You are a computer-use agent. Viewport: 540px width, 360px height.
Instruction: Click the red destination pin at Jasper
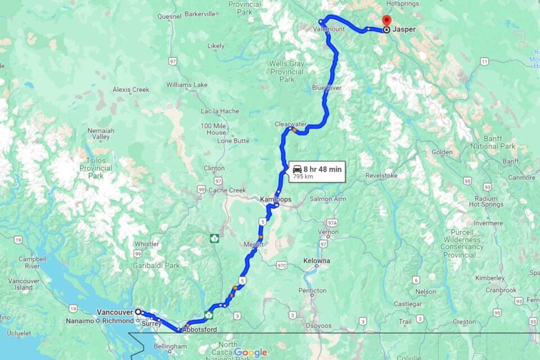(x=386, y=21)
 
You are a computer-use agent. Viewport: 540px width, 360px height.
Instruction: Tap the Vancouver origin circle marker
(x=138, y=312)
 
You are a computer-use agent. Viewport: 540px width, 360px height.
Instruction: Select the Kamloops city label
(x=276, y=199)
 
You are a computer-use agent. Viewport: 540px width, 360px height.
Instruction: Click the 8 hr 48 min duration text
(x=322, y=169)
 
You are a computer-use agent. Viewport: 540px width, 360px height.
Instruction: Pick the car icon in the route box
(x=296, y=169)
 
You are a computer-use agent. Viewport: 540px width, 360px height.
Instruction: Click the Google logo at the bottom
(x=250, y=353)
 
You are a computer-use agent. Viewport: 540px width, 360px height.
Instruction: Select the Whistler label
(x=146, y=244)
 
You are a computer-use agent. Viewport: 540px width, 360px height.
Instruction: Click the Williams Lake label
(x=187, y=85)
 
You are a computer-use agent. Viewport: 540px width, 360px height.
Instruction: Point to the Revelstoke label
(x=381, y=175)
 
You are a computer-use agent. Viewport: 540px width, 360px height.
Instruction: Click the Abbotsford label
(x=199, y=330)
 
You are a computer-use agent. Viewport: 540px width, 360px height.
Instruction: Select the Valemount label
(x=328, y=29)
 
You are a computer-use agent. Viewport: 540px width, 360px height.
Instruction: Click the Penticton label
(x=312, y=291)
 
